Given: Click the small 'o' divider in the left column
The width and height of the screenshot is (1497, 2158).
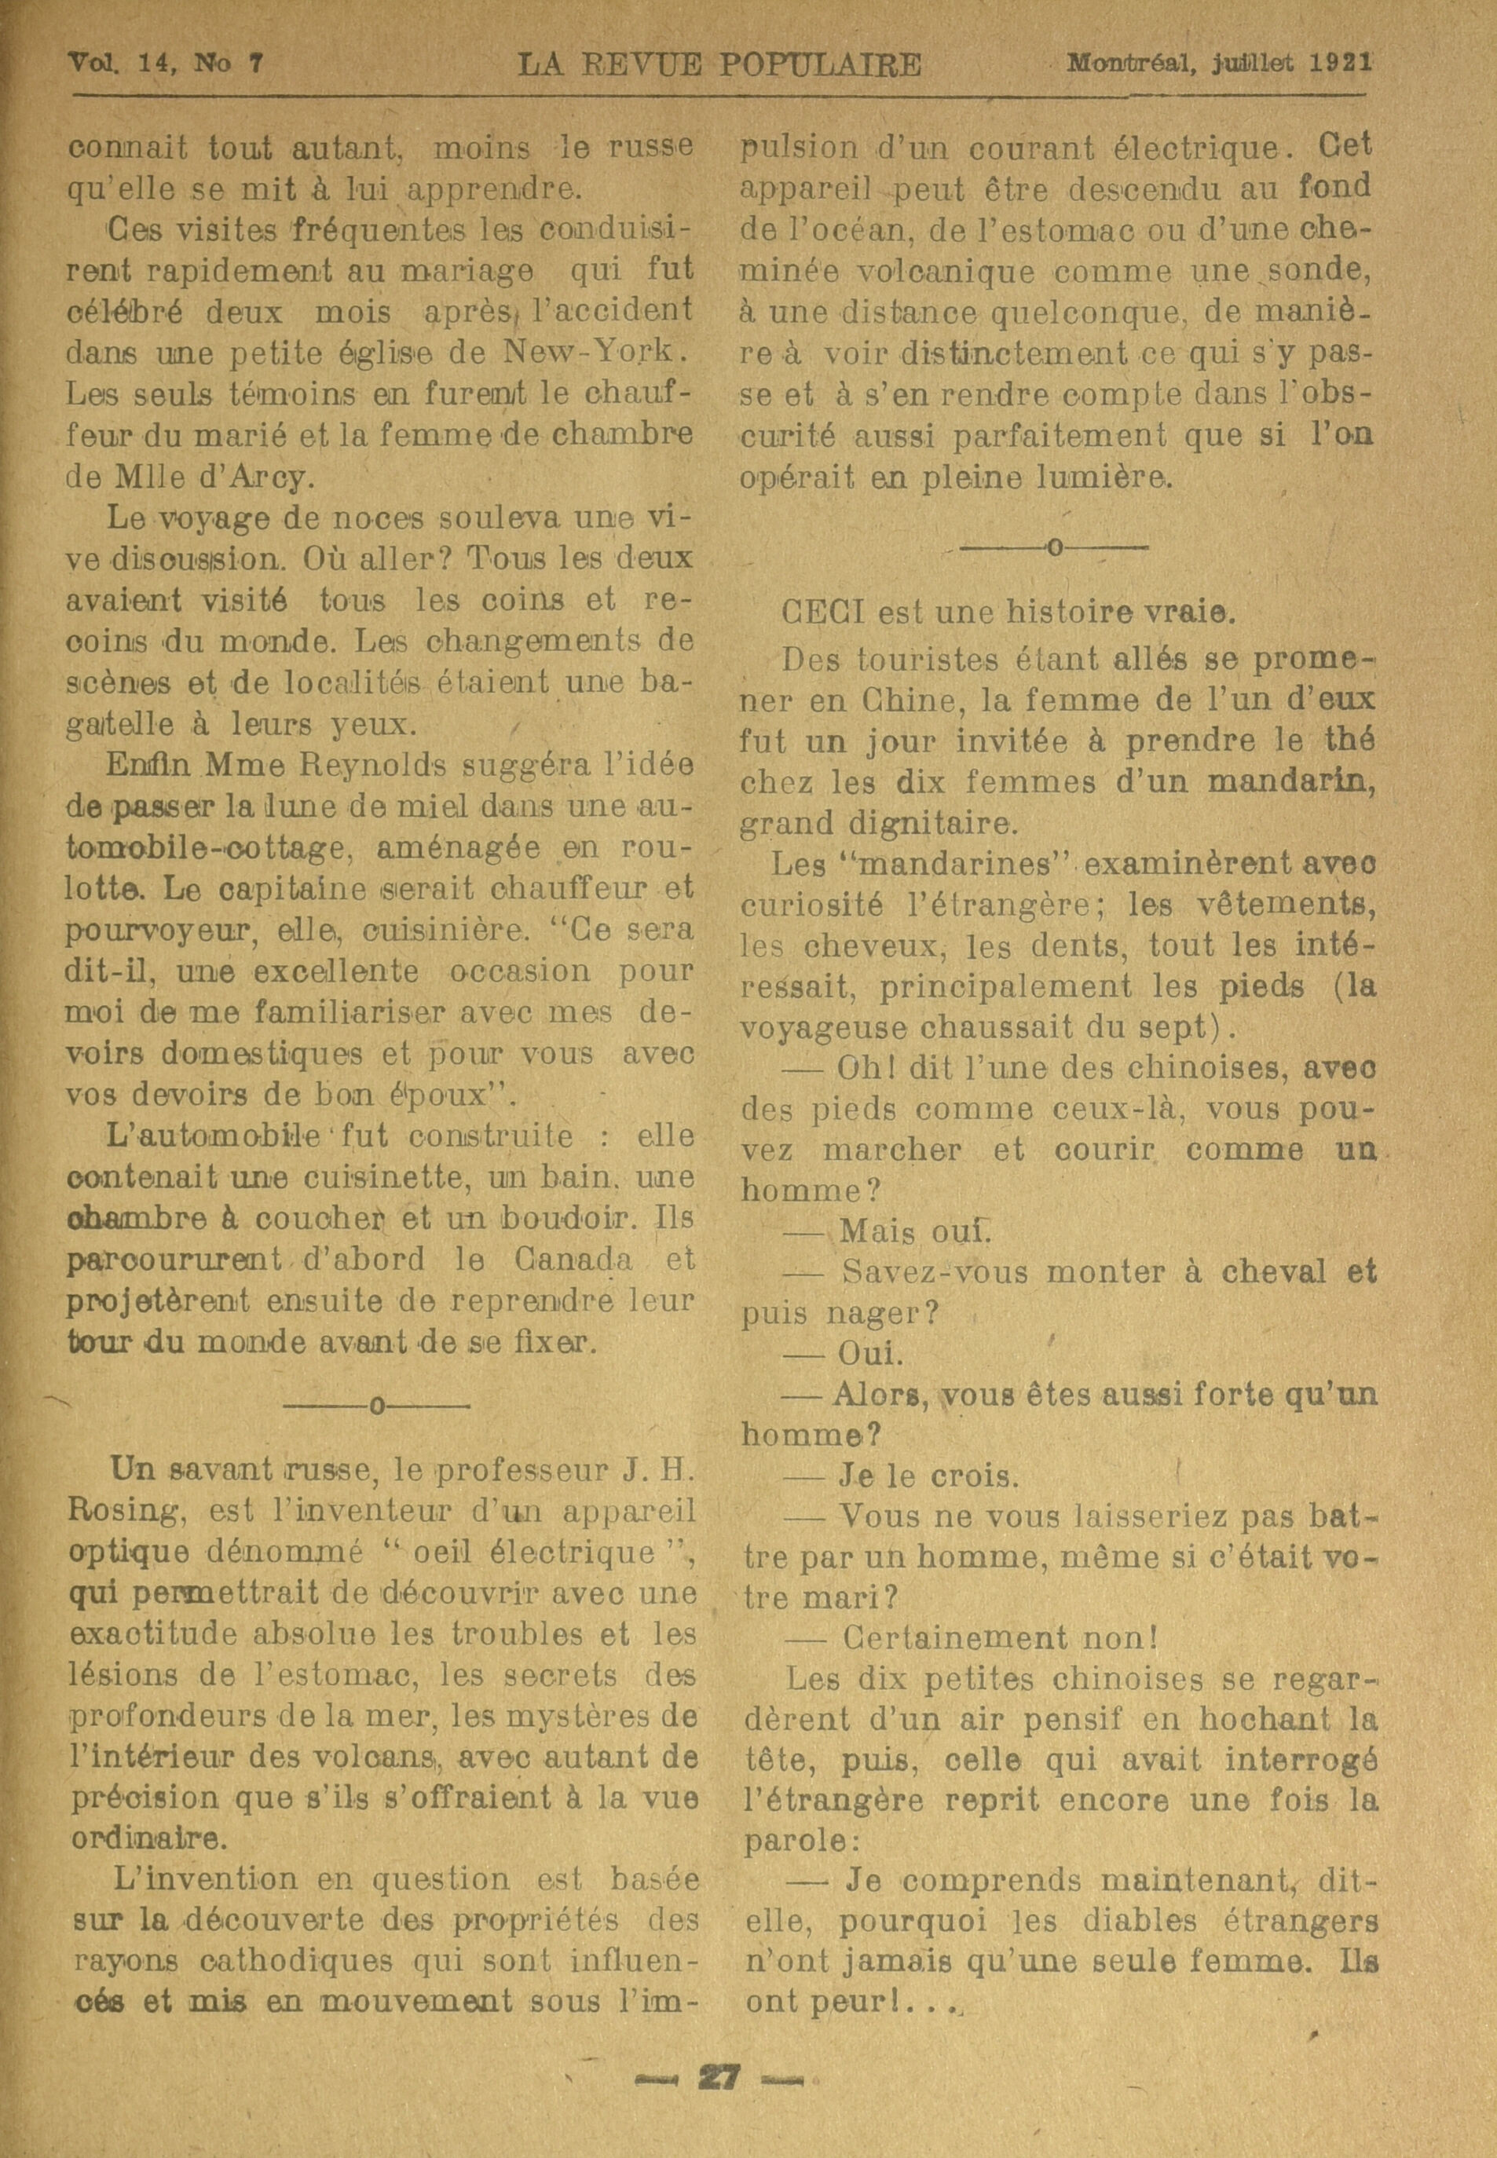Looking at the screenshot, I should (376, 1406).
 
